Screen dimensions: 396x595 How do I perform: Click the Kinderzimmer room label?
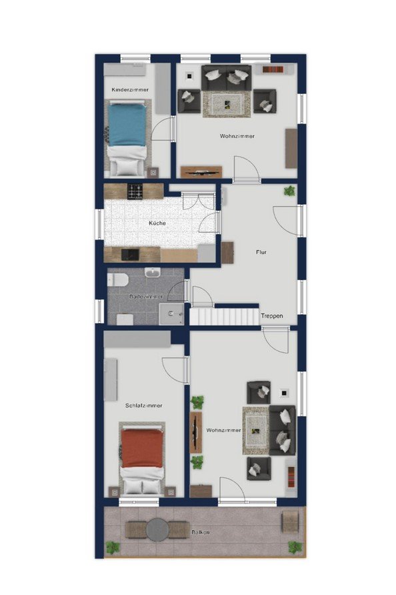pos(130,89)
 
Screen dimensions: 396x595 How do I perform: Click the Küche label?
pos(157,223)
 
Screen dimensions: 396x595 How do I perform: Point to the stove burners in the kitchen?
pos(135,191)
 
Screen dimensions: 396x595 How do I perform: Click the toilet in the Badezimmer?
pos(117,280)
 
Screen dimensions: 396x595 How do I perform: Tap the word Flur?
pos(261,252)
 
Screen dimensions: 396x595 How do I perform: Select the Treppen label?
pos(271,316)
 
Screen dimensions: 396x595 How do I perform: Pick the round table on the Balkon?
pos(157,530)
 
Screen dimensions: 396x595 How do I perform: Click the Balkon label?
pos(200,532)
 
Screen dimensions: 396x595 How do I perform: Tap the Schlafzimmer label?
pos(144,406)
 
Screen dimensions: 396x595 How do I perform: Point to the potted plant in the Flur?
pos(289,191)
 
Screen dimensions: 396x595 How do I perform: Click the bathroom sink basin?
pos(153,272)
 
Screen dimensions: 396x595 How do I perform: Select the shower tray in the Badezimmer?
pos(171,314)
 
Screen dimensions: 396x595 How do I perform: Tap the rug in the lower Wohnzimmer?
pos(256,430)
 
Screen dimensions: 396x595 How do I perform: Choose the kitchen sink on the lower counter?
pos(130,255)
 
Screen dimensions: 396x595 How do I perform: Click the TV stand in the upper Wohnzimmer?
pos(201,172)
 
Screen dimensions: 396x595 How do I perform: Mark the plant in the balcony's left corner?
pos(113,548)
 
